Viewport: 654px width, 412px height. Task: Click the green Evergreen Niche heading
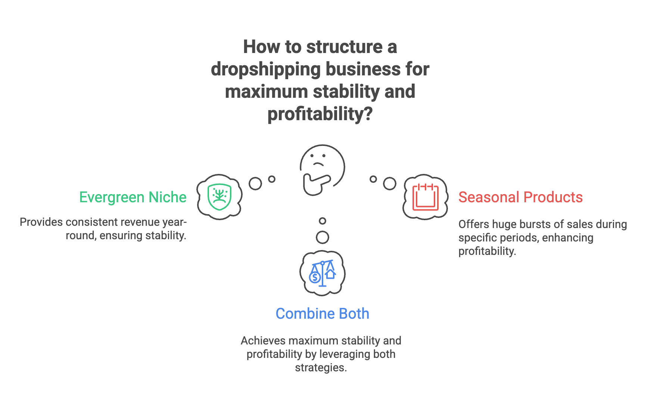click(133, 197)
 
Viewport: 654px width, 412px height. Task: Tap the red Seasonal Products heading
click(520, 197)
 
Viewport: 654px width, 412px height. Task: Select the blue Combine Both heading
click(323, 313)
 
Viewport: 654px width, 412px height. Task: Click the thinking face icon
click(322, 170)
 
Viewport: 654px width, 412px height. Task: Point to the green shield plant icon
click(219, 197)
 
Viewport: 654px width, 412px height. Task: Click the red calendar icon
click(425, 197)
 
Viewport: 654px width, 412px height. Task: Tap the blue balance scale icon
click(323, 273)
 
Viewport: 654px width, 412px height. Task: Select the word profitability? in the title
click(320, 114)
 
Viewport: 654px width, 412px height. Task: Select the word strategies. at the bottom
click(321, 368)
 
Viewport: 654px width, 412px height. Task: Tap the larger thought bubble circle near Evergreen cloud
click(255, 183)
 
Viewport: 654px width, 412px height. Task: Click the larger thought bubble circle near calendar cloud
click(390, 183)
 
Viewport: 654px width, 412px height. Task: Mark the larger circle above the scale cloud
click(323, 237)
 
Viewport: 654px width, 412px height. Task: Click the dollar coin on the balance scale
click(315, 277)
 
